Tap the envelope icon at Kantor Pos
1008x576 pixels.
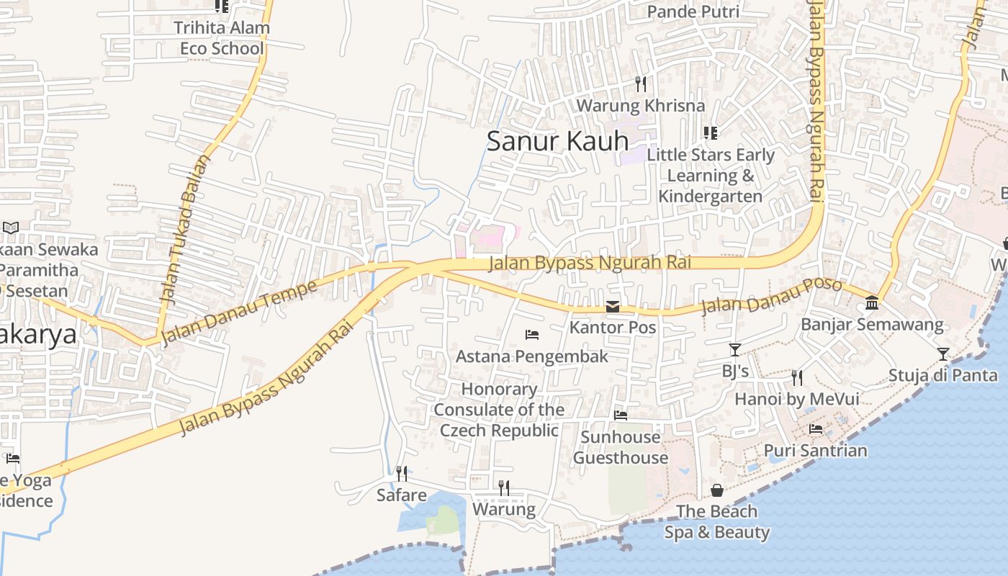(613, 307)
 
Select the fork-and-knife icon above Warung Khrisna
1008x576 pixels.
(641, 84)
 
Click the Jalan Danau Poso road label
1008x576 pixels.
(771, 295)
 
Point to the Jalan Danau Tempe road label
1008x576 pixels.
(238, 313)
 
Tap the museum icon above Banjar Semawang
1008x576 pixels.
(872, 302)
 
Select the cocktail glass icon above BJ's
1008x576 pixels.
(735, 350)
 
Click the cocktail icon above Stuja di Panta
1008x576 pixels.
(943, 354)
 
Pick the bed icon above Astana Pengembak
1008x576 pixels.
(532, 335)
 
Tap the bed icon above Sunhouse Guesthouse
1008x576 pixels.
(620, 415)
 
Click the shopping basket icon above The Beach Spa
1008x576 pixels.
(717, 490)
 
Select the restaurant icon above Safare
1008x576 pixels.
(402, 474)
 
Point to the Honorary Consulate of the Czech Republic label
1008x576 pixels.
(499, 410)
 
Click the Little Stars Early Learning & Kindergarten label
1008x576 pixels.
(711, 176)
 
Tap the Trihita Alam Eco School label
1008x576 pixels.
(222, 38)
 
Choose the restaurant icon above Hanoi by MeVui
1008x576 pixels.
(796, 377)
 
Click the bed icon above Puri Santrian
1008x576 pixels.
(816, 429)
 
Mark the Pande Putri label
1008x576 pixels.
(693, 12)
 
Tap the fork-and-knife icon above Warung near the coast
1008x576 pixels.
(504, 488)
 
